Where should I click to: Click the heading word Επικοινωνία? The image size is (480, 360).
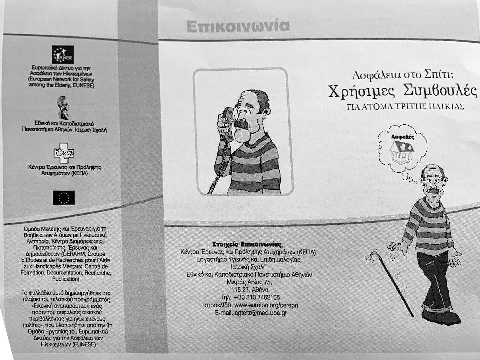pyautogui.click(x=238, y=27)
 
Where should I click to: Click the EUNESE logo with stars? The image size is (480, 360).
pyautogui.click(x=63, y=54)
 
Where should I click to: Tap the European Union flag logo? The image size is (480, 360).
pyautogui.click(x=63, y=198)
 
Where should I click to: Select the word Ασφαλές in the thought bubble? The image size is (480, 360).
pyautogui.click(x=402, y=137)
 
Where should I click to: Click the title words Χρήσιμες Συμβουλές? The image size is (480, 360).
pyautogui.click(x=402, y=91)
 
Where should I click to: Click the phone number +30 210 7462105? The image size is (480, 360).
pyautogui.click(x=250, y=297)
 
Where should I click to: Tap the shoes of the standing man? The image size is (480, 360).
pyautogui.click(x=440, y=315)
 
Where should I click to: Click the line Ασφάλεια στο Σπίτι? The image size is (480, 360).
pyautogui.click(x=402, y=75)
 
